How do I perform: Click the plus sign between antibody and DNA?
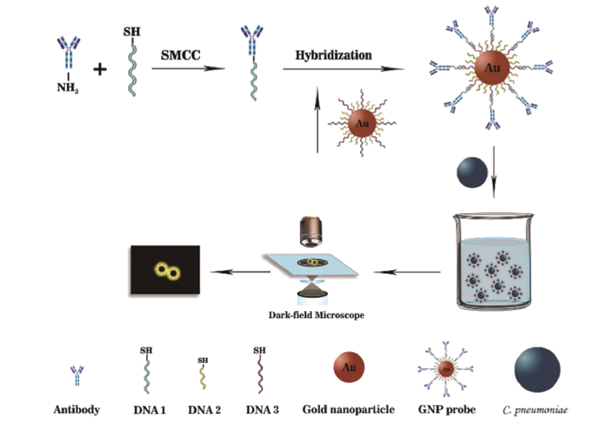click(x=100, y=69)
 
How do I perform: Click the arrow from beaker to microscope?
click(x=407, y=272)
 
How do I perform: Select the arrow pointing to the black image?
click(x=235, y=272)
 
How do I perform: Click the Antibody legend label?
click(x=76, y=410)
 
